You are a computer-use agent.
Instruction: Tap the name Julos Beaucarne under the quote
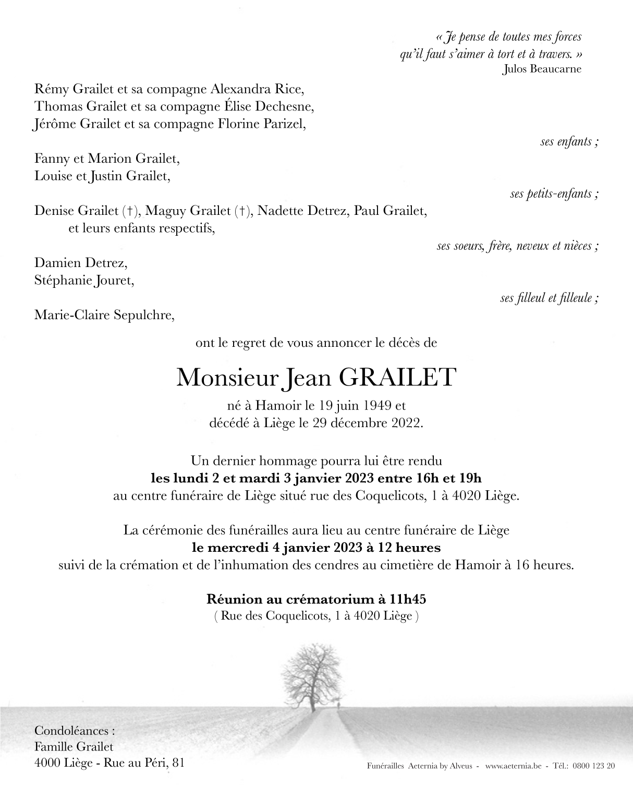(542, 69)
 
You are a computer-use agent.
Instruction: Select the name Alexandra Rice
(257, 89)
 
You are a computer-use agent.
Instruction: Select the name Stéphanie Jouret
(84, 281)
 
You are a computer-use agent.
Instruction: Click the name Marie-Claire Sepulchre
(104, 315)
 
